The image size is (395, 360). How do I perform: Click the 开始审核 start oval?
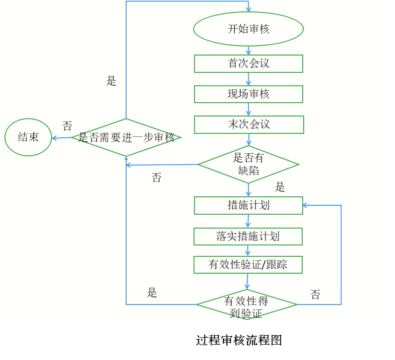point(248,29)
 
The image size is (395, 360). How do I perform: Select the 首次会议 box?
point(248,63)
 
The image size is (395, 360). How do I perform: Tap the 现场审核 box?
point(248,94)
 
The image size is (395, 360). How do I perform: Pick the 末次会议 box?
point(248,124)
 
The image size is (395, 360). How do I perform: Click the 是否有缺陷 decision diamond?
point(248,164)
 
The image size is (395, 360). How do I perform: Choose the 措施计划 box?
point(248,205)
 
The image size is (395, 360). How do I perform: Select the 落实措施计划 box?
point(248,236)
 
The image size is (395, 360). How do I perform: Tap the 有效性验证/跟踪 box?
point(248,265)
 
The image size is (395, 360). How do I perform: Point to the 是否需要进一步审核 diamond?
point(127,137)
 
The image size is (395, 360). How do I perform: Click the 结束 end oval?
point(29,137)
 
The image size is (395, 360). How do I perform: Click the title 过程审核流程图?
point(239,341)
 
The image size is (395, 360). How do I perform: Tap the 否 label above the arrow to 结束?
point(67,126)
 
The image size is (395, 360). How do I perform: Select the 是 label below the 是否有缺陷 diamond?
point(280,187)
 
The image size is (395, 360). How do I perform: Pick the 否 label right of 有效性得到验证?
point(315,295)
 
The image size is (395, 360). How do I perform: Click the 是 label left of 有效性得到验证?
point(152,293)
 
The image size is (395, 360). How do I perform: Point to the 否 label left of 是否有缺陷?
point(156,178)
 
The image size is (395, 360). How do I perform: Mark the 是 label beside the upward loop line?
point(111,81)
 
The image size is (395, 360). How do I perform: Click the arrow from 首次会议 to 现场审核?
point(249,79)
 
